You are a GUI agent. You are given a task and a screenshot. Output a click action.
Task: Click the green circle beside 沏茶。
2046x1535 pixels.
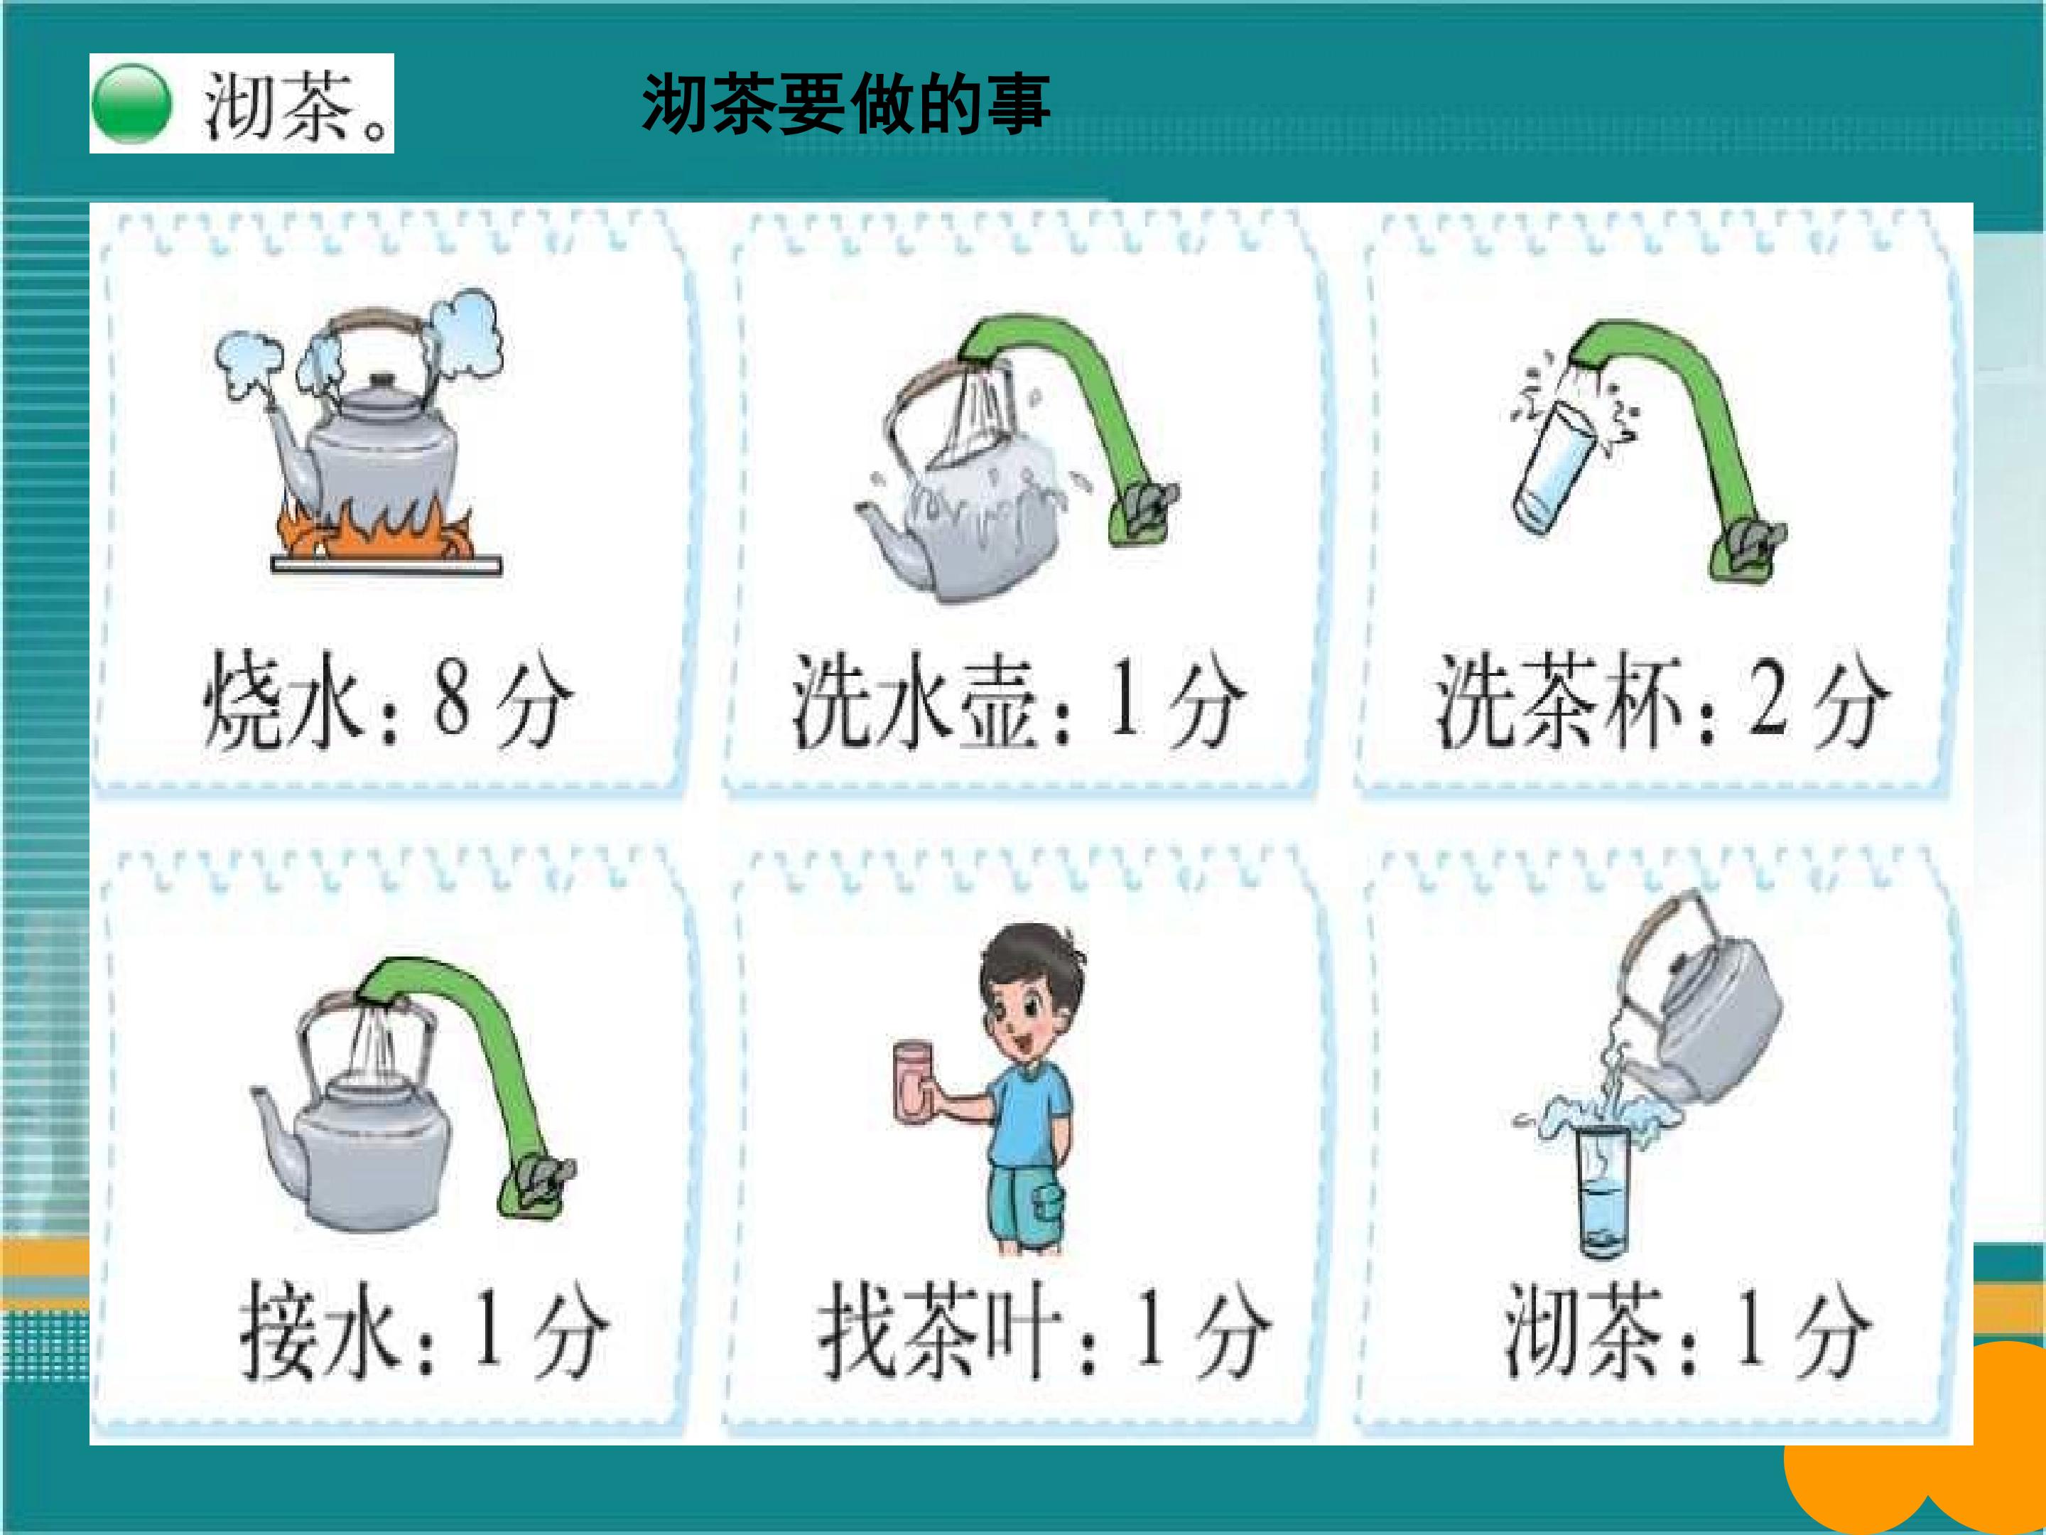pyautogui.click(x=131, y=104)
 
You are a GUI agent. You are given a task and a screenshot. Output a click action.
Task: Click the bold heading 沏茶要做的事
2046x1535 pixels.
pyautogui.click(x=845, y=103)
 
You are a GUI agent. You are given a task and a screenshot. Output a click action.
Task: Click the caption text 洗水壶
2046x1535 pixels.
pyautogui.click(x=913, y=701)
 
